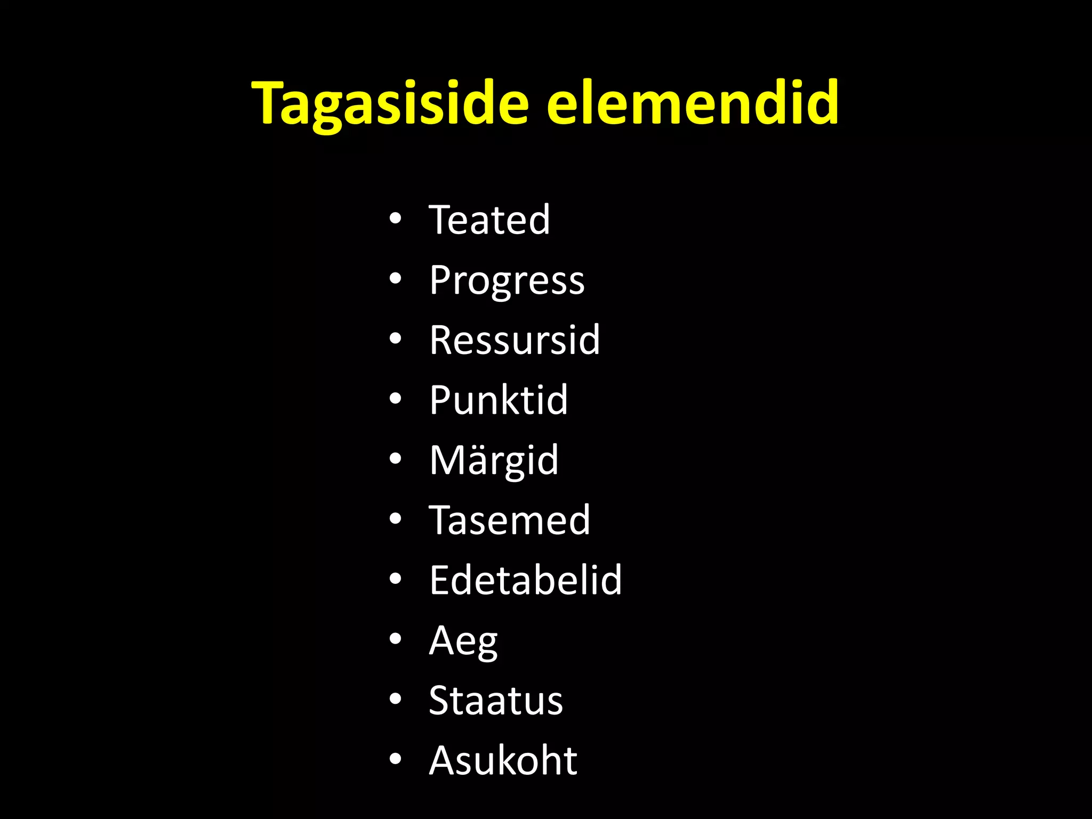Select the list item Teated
pos(489,220)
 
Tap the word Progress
pos(507,280)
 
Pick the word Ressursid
pos(515,340)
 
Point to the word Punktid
pos(499,400)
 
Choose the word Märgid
pos(494,460)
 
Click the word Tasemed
pos(509,520)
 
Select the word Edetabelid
pos(526,580)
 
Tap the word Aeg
pos(463,641)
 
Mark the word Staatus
pos(496,700)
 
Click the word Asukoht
pos(503,760)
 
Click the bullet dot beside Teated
pos(395,219)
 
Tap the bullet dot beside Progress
pos(395,278)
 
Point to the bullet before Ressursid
pos(395,339)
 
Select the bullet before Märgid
pos(395,459)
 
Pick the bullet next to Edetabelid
pos(395,579)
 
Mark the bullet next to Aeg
pos(395,639)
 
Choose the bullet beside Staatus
pos(395,698)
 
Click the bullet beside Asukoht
pos(395,759)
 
